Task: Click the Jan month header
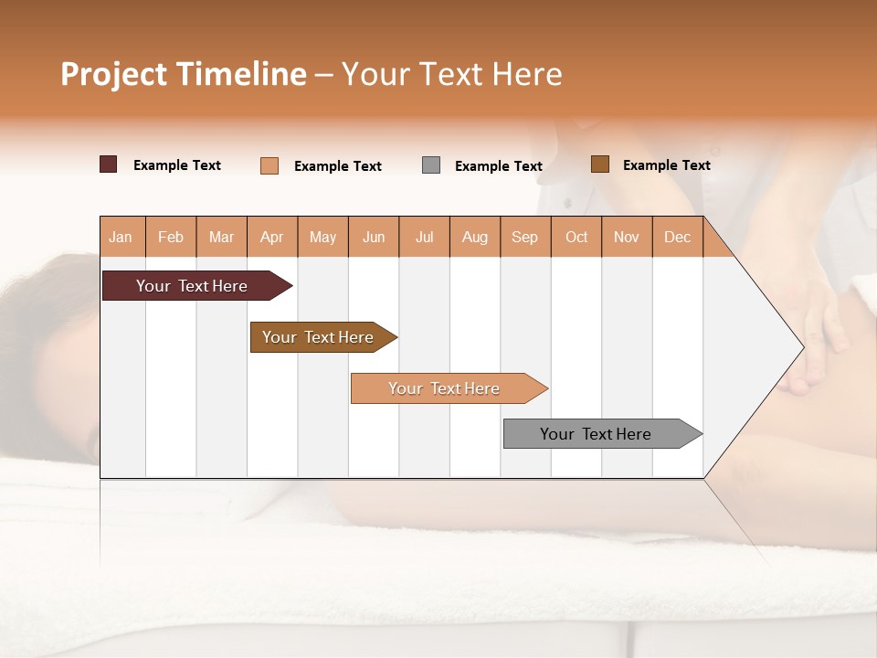pyautogui.click(x=121, y=237)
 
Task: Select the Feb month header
pyautogui.click(x=171, y=237)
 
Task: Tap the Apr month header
pyautogui.click(x=272, y=237)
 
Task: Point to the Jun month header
pyautogui.click(x=374, y=237)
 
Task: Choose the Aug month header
pyautogui.click(x=475, y=237)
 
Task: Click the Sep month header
pyautogui.click(x=525, y=237)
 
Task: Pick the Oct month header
pyautogui.click(x=576, y=237)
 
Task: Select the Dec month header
pyautogui.click(x=678, y=237)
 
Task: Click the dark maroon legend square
pyautogui.click(x=109, y=164)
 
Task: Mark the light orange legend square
pyautogui.click(x=269, y=165)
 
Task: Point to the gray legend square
pyautogui.click(x=431, y=165)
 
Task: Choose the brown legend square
pyautogui.click(x=600, y=164)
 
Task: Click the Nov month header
pyautogui.click(x=627, y=237)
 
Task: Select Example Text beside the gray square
pyautogui.click(x=499, y=166)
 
